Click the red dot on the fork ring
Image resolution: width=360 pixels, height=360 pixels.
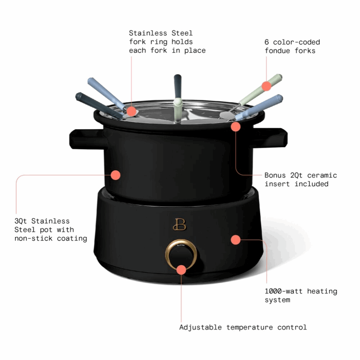[131, 111]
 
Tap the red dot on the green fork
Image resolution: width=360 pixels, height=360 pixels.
[266, 86]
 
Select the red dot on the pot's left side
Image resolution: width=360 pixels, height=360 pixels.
[115, 174]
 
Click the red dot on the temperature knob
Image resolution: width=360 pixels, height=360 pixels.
[181, 270]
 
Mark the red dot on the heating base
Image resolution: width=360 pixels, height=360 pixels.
[235, 239]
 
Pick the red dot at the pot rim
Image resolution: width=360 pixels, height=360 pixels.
[235, 126]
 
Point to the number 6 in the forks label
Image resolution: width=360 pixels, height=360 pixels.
[267, 42]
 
